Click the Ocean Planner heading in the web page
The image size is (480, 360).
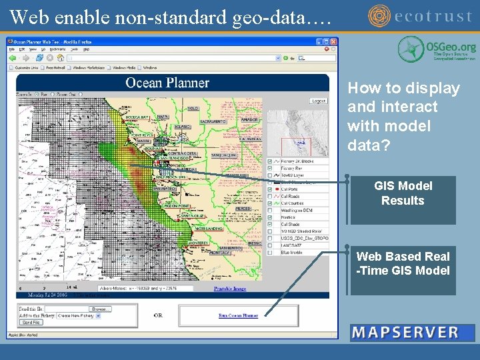(167, 83)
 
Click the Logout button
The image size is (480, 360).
(319, 101)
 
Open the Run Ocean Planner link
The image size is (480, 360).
(238, 315)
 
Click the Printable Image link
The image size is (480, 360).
(230, 289)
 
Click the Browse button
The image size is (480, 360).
(101, 309)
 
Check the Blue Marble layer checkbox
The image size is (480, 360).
(269, 253)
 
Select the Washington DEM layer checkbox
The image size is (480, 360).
(269, 211)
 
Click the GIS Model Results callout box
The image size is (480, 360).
(403, 193)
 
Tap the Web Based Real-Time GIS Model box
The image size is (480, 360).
(403, 263)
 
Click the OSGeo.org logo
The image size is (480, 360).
(437, 49)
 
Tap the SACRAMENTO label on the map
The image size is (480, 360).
(213, 122)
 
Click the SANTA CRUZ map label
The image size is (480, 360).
(193, 216)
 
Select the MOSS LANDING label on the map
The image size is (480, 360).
(209, 229)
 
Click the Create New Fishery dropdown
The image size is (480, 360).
(79, 316)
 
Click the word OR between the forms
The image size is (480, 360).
(158, 315)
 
